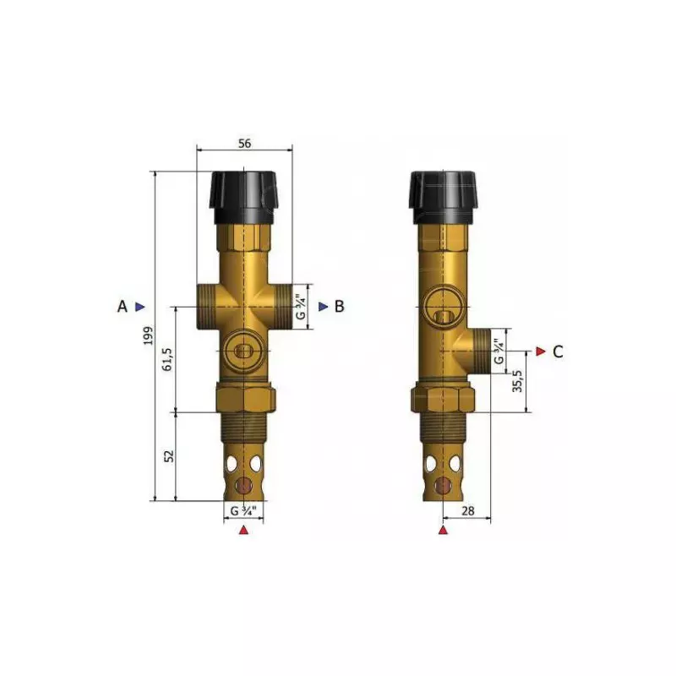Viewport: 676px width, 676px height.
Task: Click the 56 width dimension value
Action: [x=244, y=144]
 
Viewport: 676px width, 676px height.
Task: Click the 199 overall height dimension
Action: [x=149, y=335]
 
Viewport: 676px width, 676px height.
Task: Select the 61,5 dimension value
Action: [x=167, y=359]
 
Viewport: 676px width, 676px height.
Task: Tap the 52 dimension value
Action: [x=169, y=456]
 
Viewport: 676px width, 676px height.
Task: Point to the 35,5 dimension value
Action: [x=518, y=381]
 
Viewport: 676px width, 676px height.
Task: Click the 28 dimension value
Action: [x=468, y=511]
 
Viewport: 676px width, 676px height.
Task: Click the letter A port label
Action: [x=123, y=307]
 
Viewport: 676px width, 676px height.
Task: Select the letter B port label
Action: [x=340, y=307]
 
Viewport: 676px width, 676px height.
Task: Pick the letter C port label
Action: [x=558, y=352]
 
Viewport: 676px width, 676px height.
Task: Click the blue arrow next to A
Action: [x=140, y=307]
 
